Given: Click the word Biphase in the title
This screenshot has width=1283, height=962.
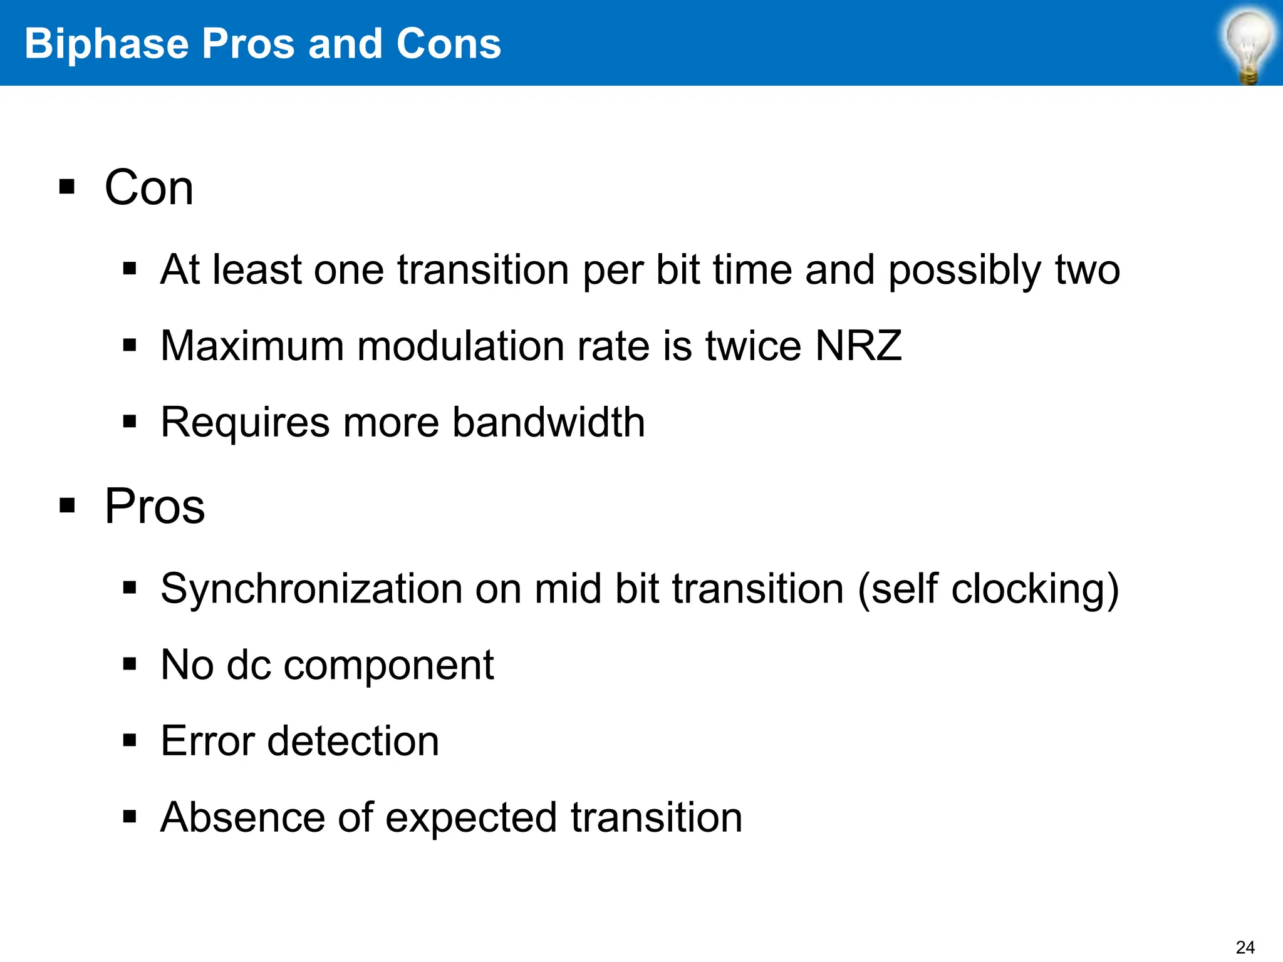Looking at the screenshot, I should (106, 44).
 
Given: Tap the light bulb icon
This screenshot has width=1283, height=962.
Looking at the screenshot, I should (1249, 45).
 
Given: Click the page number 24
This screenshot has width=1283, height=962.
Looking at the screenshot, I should (1245, 947).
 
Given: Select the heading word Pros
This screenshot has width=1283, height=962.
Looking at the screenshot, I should (154, 506).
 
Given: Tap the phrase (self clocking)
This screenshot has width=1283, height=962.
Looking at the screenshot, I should (988, 590).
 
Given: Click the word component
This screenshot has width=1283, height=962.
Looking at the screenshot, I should (388, 665).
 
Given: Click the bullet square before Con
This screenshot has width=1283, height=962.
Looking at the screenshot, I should (67, 187).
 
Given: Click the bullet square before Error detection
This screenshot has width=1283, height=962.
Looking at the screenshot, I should (130, 741).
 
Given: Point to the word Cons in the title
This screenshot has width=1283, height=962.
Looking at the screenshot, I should (449, 44).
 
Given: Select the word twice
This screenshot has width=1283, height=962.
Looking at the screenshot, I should (753, 346).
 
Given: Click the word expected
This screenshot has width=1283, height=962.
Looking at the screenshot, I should (471, 819).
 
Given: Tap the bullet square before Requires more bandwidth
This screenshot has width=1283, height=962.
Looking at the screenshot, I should (130, 422).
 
